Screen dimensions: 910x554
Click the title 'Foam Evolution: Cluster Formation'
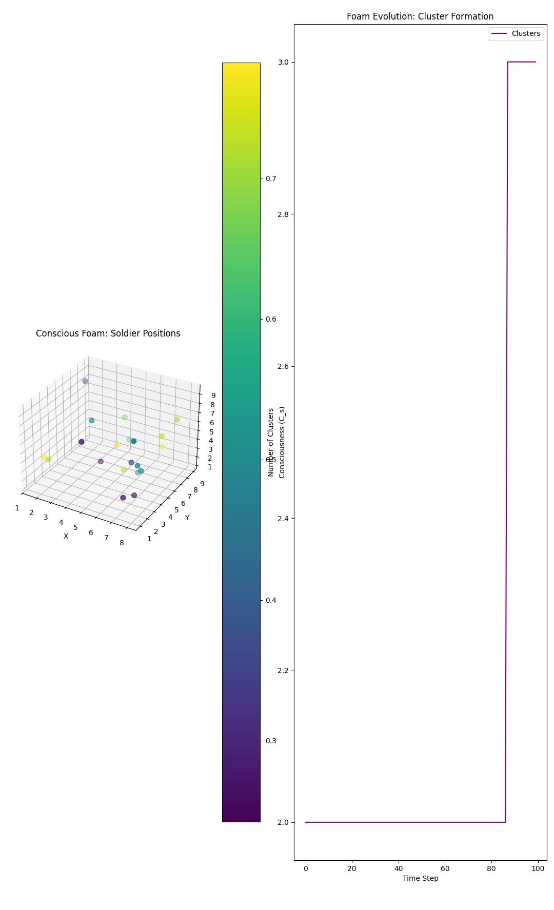pyautogui.click(x=420, y=16)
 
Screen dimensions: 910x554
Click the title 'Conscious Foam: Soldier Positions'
pyautogui.click(x=108, y=333)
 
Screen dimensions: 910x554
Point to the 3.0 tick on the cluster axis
pyautogui.click(x=283, y=62)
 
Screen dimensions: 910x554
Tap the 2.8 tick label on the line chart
pyautogui.click(x=283, y=214)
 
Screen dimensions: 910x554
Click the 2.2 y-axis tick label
pyautogui.click(x=283, y=670)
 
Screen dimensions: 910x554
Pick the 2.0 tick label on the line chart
pyautogui.click(x=283, y=822)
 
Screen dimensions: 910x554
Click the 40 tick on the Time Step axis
pyautogui.click(x=399, y=868)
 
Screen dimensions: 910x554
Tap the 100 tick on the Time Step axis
pyautogui.click(x=538, y=868)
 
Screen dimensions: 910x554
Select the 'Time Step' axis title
pyautogui.click(x=420, y=878)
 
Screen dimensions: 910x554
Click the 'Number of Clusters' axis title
pyautogui.click(x=271, y=442)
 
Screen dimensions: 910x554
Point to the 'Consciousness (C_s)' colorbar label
pyautogui.click(x=282, y=442)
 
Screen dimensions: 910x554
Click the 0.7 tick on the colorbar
pyautogui.click(x=270, y=179)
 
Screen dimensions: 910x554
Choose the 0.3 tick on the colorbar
pyautogui.click(x=270, y=741)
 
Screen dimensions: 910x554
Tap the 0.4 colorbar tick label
pyautogui.click(x=270, y=600)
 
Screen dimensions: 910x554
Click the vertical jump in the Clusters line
pyautogui.click(x=507, y=441)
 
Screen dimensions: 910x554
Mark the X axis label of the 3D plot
pyautogui.click(x=66, y=536)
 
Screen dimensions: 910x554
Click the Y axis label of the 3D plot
pyautogui.click(x=187, y=518)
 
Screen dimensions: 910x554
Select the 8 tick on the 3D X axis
pyautogui.click(x=122, y=542)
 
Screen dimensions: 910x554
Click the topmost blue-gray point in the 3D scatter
pyautogui.click(x=85, y=381)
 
